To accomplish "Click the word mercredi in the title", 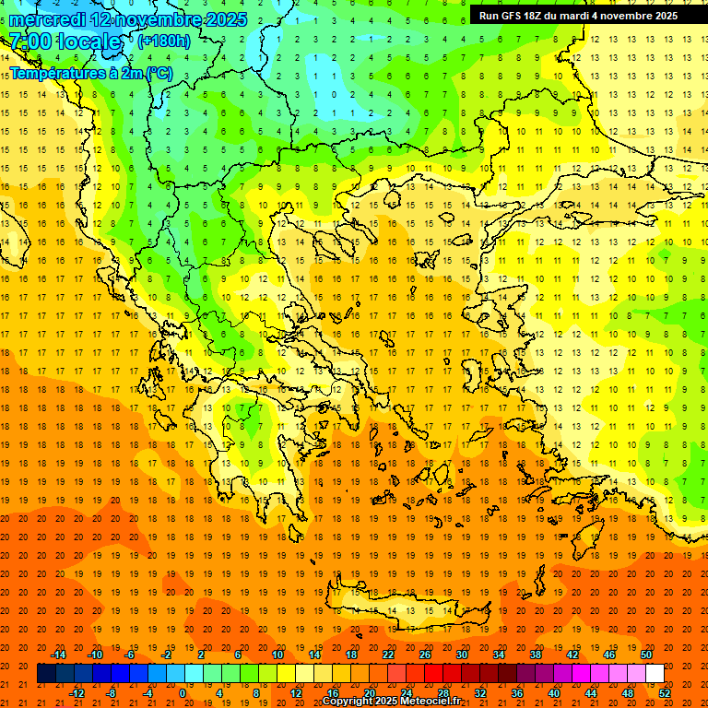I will tap(47, 19).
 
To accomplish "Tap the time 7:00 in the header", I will tap(29, 41).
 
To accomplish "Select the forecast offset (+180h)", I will tap(164, 41).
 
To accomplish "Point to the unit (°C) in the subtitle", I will tap(159, 73).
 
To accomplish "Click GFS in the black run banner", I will tap(517, 16).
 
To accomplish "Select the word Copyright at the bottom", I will tap(350, 702).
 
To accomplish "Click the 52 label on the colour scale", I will tap(666, 693).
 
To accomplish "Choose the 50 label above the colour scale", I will tap(645, 655).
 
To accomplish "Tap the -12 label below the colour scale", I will tap(77, 693).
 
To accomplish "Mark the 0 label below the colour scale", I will tap(183, 693).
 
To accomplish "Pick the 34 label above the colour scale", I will tap(498, 655).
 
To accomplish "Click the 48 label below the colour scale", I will tap(627, 693).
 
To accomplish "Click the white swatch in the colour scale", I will tap(655, 674).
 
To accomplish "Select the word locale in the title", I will tap(88, 41).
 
